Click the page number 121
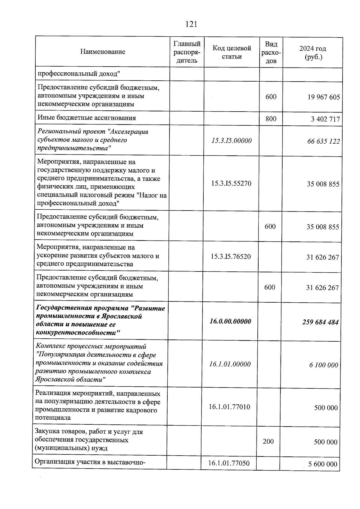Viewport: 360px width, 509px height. (x=191, y=24)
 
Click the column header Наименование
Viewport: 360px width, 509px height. (x=103, y=52)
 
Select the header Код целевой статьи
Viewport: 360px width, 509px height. (x=232, y=52)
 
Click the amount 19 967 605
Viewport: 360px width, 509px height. (x=323, y=97)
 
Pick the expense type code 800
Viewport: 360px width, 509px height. (x=271, y=118)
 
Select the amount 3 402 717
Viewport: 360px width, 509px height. (x=325, y=119)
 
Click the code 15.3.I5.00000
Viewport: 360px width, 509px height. (x=231, y=141)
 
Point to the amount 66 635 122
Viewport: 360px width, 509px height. (x=323, y=141)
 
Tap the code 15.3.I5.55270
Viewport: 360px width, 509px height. (x=231, y=183)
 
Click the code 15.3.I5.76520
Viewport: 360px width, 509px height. (x=231, y=256)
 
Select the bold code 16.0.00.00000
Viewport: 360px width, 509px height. (x=230, y=322)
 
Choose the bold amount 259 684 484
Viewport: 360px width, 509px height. (x=320, y=322)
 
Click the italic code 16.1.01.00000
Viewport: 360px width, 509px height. (x=230, y=364)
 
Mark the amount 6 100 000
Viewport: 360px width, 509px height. (x=324, y=365)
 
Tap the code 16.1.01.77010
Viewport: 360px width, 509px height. (x=229, y=407)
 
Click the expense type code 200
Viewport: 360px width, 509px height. (x=268, y=441)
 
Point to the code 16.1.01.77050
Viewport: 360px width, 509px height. (x=229, y=463)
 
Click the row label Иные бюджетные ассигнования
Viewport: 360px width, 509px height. (x=87, y=118)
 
